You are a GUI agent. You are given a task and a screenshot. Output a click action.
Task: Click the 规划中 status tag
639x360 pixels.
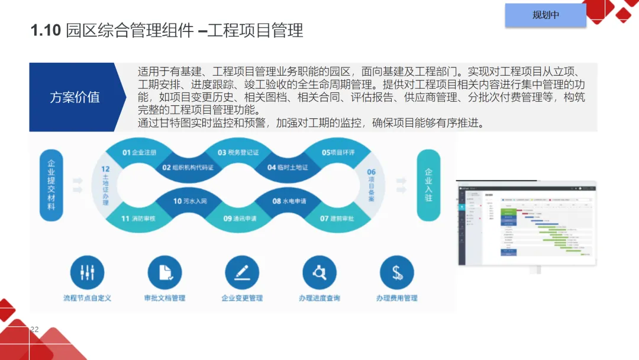545,15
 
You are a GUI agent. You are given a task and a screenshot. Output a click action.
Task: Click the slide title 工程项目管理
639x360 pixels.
167,31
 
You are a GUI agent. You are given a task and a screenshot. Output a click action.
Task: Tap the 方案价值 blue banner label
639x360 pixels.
75,98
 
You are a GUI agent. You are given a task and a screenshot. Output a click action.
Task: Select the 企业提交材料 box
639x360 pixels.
51,185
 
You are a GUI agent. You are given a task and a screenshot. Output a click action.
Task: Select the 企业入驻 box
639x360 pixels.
428,185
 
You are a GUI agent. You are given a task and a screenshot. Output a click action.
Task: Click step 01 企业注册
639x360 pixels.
140,153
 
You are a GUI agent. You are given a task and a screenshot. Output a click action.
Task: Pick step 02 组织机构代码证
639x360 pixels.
188,168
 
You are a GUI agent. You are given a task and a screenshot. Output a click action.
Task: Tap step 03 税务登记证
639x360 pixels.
238,153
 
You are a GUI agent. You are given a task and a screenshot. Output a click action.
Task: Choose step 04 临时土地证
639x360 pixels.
288,168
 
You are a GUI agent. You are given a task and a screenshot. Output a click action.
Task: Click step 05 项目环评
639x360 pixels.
338,153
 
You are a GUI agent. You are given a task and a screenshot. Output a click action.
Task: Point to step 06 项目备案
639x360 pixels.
372,185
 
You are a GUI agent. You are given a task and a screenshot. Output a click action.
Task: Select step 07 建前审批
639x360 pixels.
338,218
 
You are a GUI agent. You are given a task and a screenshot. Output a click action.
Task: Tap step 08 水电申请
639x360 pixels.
289,201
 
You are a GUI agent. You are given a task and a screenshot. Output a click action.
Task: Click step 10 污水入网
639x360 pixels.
189,201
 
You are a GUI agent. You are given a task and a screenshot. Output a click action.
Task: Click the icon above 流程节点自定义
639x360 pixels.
87,272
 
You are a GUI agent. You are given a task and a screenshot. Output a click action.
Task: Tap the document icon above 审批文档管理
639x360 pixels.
164,272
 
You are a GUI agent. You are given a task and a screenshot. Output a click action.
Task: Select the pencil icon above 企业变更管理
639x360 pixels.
242,272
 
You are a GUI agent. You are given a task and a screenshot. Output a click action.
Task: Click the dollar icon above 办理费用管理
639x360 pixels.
397,272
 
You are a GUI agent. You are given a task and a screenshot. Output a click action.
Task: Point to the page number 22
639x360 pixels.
34,329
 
